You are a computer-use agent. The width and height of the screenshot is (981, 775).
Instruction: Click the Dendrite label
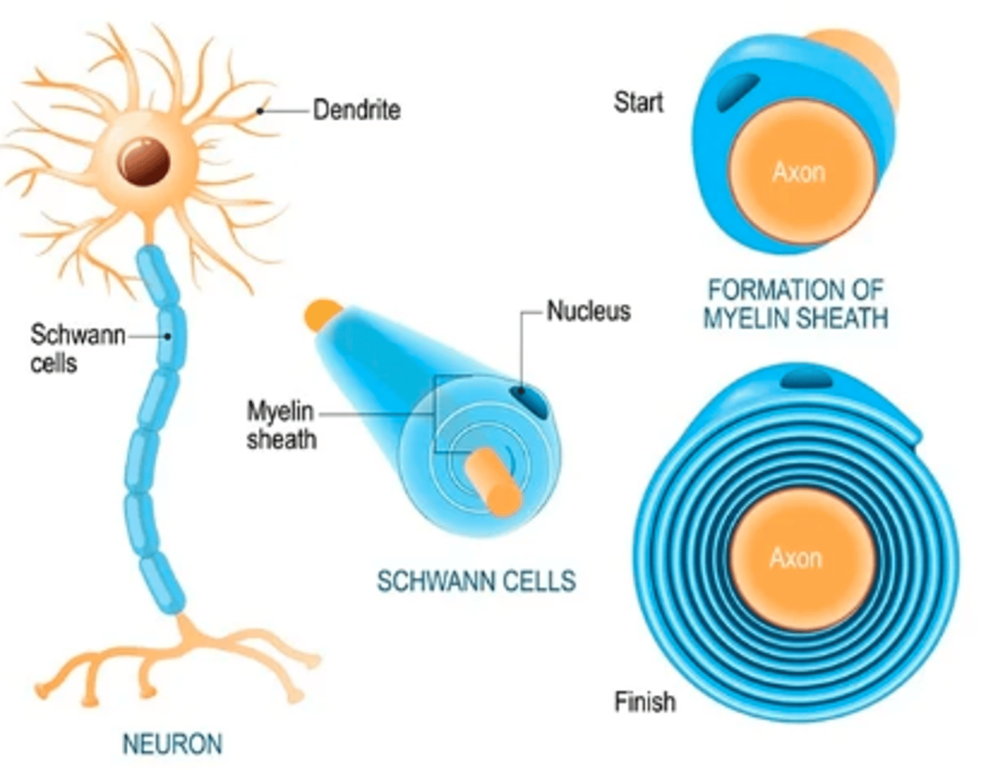[356, 110]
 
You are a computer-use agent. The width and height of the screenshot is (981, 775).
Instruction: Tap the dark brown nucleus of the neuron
[144, 161]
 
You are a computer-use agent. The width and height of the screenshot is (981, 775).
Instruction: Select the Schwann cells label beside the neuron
[76, 348]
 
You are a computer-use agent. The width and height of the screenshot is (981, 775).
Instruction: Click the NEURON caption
[172, 744]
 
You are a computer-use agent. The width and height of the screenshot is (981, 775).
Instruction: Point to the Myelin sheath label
[281, 425]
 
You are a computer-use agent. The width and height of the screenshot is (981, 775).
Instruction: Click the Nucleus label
[589, 311]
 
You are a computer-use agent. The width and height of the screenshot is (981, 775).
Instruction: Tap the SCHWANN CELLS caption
[476, 581]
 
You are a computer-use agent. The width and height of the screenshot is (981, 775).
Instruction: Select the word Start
[638, 102]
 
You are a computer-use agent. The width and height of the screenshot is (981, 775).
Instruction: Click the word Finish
[644, 701]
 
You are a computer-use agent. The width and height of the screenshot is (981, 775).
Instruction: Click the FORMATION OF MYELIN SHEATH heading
[795, 304]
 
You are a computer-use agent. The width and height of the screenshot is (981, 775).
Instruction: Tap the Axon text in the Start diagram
[798, 172]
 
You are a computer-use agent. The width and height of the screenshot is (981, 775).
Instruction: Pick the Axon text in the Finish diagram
[796, 558]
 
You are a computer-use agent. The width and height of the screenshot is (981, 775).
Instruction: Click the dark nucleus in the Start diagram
[738, 92]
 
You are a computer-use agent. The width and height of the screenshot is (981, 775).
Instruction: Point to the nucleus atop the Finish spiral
[806, 378]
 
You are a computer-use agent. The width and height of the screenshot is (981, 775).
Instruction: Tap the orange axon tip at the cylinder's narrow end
[321, 315]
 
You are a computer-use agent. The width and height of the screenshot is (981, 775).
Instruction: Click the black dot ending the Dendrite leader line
[260, 110]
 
